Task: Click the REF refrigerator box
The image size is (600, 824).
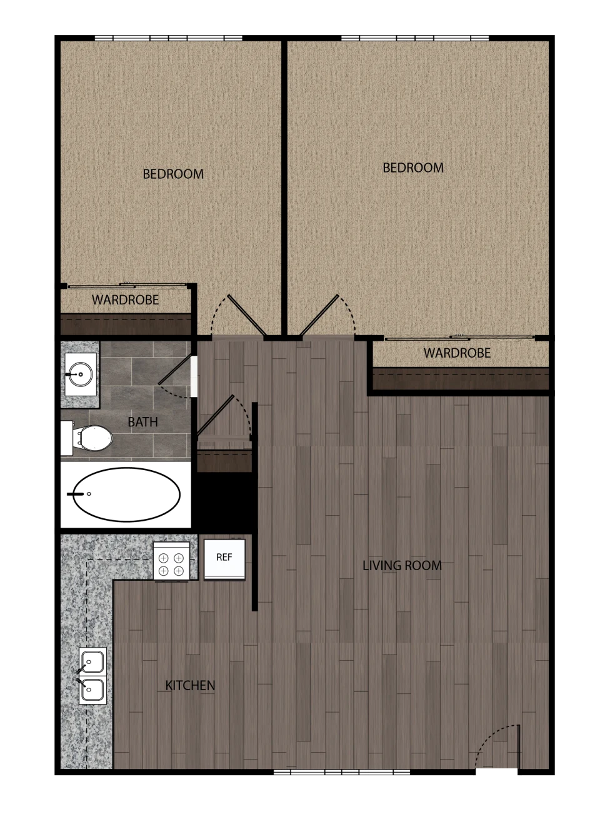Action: point(224,559)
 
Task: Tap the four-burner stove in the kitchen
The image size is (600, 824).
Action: point(171,561)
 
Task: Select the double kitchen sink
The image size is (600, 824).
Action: point(92,675)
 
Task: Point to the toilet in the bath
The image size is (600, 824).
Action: point(87,438)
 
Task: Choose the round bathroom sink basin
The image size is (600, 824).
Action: point(81,374)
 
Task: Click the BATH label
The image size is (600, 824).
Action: point(142,421)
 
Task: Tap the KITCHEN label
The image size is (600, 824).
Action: point(190,685)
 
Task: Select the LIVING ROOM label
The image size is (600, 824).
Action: point(402,565)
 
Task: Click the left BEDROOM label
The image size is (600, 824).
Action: point(173,174)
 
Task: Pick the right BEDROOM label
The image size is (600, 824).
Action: point(413,168)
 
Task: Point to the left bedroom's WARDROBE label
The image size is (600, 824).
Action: point(126,300)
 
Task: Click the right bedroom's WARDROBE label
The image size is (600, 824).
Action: point(457,353)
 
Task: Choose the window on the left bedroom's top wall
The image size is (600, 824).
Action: point(168,38)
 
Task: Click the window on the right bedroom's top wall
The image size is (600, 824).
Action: point(415,38)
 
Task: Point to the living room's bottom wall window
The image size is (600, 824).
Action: point(342,771)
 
